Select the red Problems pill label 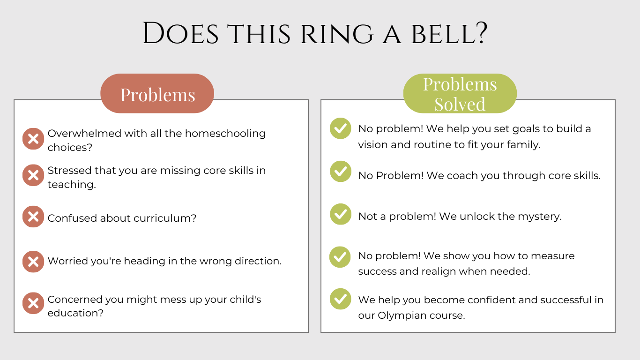tap(157, 93)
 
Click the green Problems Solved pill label tap(460, 93)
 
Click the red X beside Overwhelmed tap(33, 139)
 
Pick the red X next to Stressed tap(33, 175)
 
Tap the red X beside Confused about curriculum tap(33, 217)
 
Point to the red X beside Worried tap(33, 262)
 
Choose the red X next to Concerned tap(33, 303)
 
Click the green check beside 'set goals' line tap(341, 128)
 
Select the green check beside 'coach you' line tap(341, 172)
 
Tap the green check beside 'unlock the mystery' tap(341, 214)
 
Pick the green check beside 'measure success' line tap(340, 257)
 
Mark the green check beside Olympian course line tap(341, 299)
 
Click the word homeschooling tap(225, 134)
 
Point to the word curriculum tap(165, 218)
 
